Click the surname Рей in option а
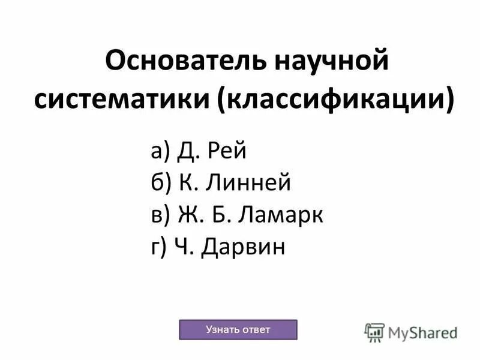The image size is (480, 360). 227,151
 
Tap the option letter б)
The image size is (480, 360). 161,183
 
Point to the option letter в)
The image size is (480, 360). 160,215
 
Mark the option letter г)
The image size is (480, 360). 158,247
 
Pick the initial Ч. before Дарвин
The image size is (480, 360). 185,247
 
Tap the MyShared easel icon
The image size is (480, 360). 374,332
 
